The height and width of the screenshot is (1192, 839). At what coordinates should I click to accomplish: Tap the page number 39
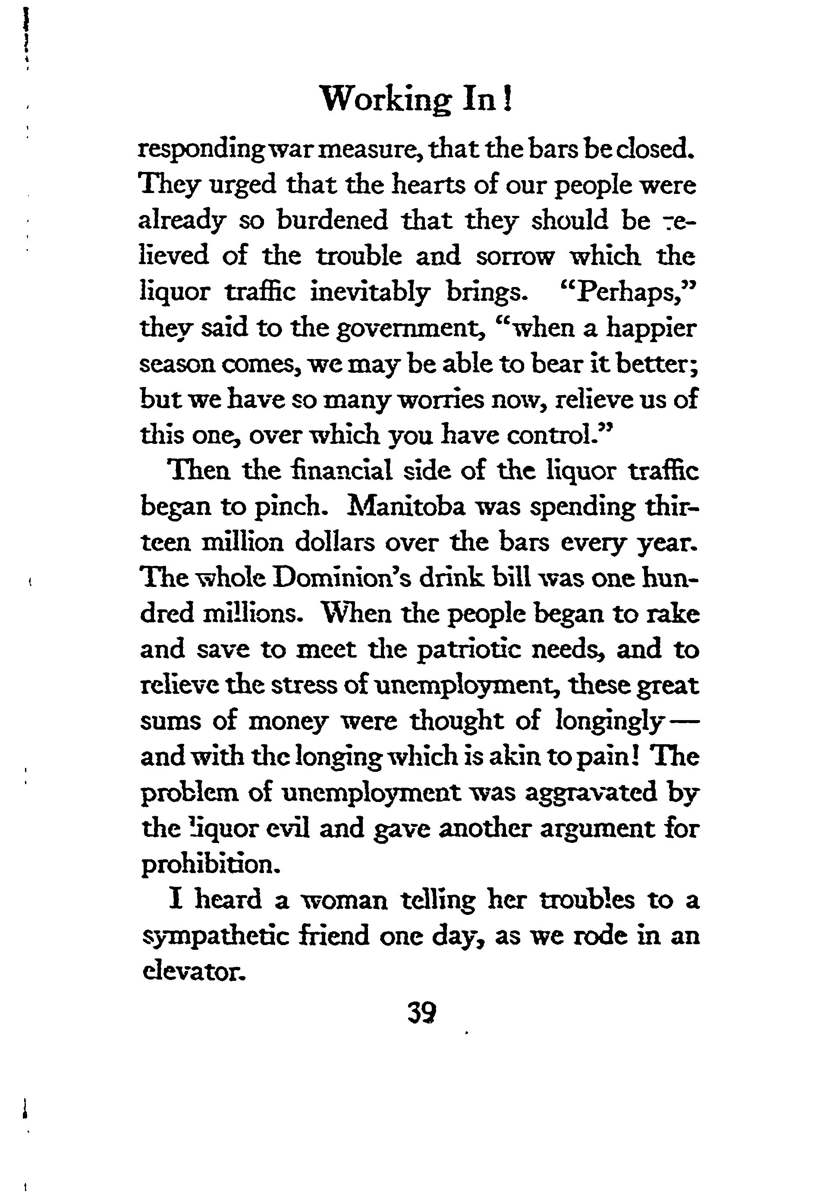coord(422,1012)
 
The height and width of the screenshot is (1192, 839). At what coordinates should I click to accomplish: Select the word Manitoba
coord(409,507)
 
